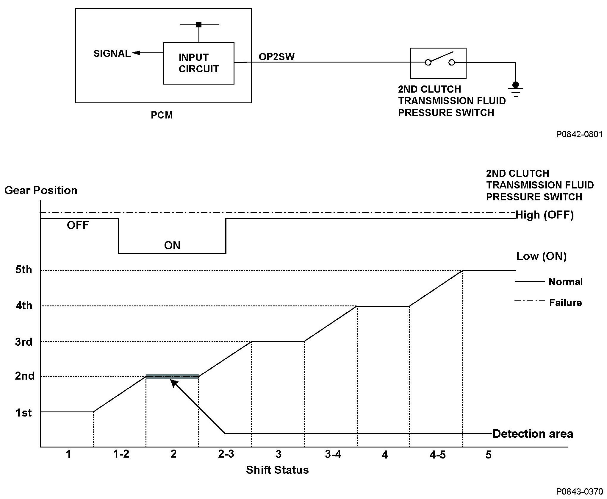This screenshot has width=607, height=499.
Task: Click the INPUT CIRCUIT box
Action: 198,63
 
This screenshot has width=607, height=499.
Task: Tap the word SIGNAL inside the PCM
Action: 112,54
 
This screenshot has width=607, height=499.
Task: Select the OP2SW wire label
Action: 276,57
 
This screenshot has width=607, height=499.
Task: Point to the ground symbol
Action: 515,89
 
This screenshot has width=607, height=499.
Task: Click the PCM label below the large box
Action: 162,115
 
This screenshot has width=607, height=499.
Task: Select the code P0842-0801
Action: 579,134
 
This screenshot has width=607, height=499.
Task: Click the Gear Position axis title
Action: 41,190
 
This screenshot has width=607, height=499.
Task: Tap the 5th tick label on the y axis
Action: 24,270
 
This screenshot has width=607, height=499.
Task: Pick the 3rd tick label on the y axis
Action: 24,342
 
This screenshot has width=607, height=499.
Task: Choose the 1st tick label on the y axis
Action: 24,413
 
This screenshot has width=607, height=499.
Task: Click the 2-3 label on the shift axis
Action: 226,454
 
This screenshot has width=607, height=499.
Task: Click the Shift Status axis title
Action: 277,470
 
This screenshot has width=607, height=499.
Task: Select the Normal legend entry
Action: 565,282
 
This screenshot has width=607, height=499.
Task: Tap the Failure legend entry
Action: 565,303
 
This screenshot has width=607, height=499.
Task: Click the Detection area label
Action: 533,434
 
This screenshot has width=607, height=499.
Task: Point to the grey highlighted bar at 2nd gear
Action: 172,376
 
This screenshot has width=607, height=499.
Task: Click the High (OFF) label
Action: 545,215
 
